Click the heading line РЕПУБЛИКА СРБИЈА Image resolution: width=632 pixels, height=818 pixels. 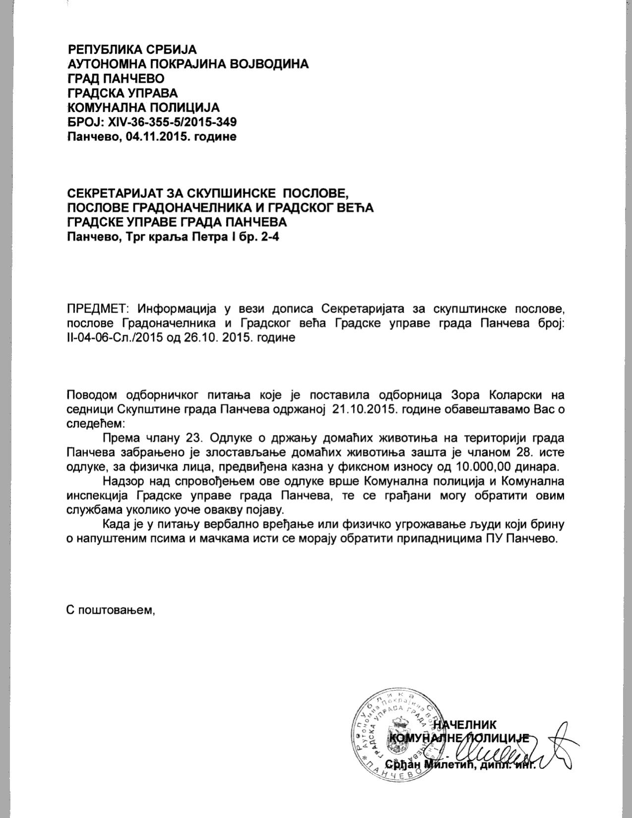(x=132, y=50)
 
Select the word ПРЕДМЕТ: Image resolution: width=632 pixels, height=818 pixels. (x=98, y=309)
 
